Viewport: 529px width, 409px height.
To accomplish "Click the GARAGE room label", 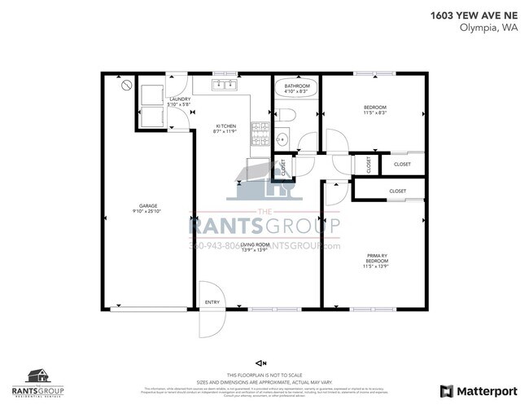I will pyautogui.click(x=147, y=205).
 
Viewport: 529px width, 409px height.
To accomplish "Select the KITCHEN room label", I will pyautogui.click(x=225, y=125).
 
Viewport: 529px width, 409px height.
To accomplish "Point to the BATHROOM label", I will pyautogui.click(x=296, y=86).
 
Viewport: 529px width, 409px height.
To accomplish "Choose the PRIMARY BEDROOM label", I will pyautogui.click(x=375, y=258).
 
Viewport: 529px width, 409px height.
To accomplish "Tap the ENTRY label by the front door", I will pyautogui.click(x=212, y=302).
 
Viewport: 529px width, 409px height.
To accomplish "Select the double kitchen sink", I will pyautogui.click(x=225, y=84).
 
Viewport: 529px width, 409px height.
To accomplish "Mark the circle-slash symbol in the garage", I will pyautogui.click(x=125, y=85).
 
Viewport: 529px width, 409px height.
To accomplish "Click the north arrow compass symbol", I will pyautogui.click(x=260, y=363).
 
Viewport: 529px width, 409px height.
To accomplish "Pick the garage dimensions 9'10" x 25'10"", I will pyautogui.click(x=147, y=211).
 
